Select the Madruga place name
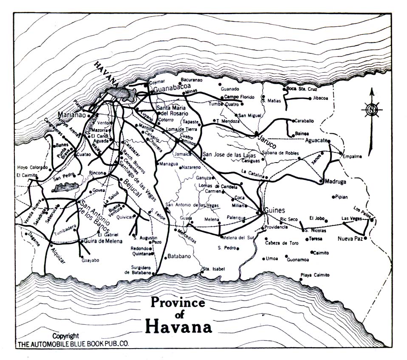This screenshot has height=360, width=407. [336, 181]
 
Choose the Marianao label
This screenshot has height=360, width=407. [72, 115]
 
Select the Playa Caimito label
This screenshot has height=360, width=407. [315, 275]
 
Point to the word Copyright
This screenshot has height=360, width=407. [66, 336]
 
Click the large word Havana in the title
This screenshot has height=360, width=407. [178, 327]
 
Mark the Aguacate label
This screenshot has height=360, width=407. [317, 140]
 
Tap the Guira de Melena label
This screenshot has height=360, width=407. [103, 241]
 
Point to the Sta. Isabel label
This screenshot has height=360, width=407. [213, 269]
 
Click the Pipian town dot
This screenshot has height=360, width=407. [333, 197]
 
